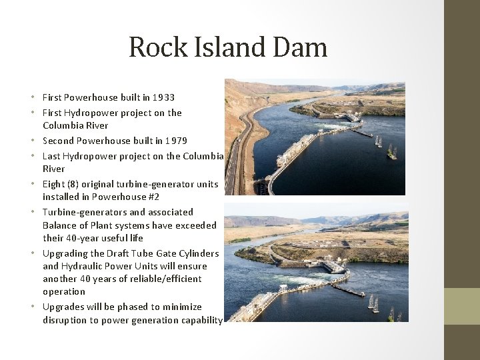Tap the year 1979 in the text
pyautogui.click(x=175, y=141)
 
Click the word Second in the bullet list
pyautogui.click(x=59, y=141)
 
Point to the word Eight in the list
pyautogui.click(x=53, y=184)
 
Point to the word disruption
pyautogui.click(x=65, y=320)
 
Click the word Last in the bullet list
pyautogui.click(x=51, y=156)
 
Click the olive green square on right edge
pyautogui.click(x=462, y=305)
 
